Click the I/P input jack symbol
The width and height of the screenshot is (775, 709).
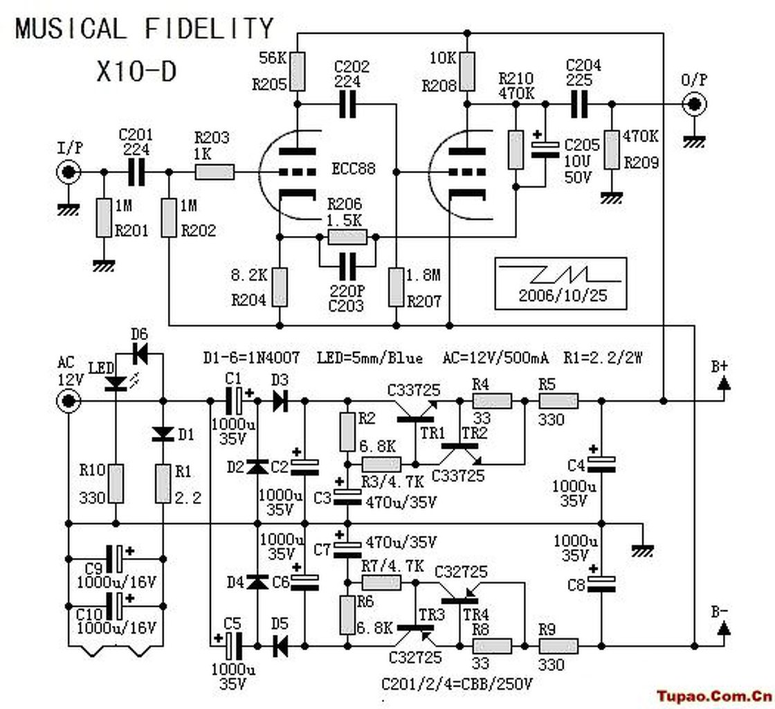point(69,172)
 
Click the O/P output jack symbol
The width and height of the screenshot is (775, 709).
point(694,105)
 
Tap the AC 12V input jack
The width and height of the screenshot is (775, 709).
point(69,400)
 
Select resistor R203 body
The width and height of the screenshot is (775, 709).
point(215,172)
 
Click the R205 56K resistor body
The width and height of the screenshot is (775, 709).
point(297,71)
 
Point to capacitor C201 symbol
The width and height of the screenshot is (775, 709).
point(136,172)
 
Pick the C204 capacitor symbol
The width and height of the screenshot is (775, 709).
point(578,105)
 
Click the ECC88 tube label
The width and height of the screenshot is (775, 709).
point(354,169)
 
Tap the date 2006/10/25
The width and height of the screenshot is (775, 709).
point(563,296)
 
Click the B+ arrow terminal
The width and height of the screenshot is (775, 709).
point(724,383)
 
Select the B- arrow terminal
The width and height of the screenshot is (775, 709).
point(724,628)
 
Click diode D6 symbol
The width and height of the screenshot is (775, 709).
point(140,353)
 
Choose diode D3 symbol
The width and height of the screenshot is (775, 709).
point(280,400)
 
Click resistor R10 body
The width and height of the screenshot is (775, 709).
point(116,483)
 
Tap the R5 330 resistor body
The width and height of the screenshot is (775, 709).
point(558,400)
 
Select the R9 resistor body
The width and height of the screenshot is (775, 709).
point(558,646)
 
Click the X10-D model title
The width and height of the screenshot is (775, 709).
point(136,72)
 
